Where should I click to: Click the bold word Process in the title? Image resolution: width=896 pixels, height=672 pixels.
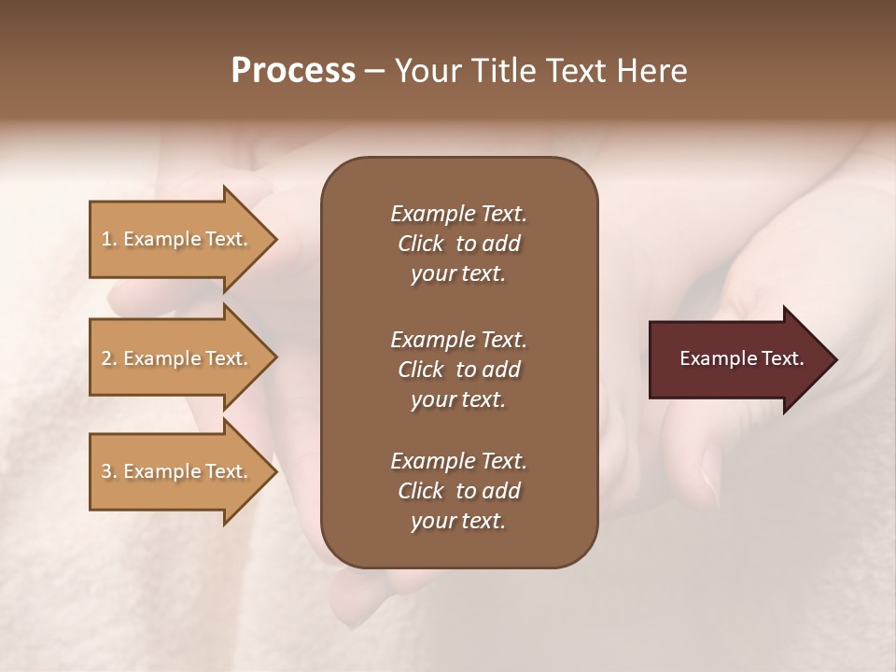tap(293, 71)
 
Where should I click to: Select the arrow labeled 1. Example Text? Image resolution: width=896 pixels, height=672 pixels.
tap(177, 239)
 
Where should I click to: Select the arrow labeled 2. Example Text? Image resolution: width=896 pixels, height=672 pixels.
tap(177, 358)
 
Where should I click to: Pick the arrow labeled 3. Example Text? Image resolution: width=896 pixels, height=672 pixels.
tap(177, 471)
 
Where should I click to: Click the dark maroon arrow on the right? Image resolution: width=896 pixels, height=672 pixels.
tap(737, 359)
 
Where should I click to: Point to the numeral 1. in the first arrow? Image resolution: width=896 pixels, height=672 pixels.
tap(108, 239)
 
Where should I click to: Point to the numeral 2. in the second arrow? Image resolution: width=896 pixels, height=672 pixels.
tap(108, 358)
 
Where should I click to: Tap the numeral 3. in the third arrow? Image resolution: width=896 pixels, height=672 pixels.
tap(108, 471)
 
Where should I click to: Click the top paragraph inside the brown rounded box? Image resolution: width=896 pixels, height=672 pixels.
tap(458, 244)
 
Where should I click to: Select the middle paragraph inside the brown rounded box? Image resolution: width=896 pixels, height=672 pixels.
tap(458, 370)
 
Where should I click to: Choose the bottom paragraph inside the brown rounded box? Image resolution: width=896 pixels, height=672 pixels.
tap(458, 491)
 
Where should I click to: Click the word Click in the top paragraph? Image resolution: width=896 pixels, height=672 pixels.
tap(420, 244)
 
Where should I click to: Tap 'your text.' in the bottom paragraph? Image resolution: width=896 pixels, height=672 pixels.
tap(458, 521)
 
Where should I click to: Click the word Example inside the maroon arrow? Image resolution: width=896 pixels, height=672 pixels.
tap(712, 358)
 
